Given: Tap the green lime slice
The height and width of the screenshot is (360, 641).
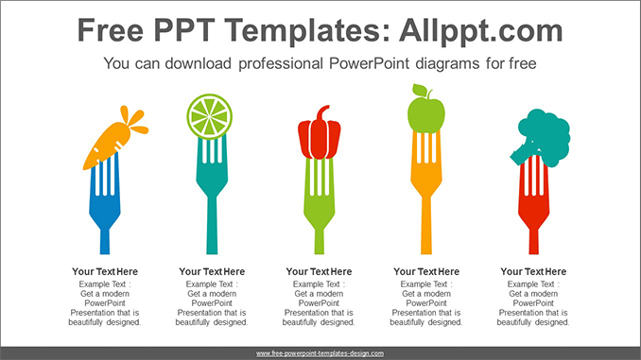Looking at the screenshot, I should [x=210, y=116].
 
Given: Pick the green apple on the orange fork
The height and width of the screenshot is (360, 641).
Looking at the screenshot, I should [x=425, y=114].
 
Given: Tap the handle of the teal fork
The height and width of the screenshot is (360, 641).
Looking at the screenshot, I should [x=211, y=236].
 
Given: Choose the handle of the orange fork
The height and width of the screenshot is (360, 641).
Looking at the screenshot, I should [x=425, y=236].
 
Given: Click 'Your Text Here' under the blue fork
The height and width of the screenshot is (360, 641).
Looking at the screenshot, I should [x=105, y=271].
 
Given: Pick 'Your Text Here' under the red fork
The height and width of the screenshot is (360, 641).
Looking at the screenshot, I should [x=534, y=271].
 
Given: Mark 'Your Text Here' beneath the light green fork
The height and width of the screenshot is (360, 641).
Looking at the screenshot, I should [x=319, y=271].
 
